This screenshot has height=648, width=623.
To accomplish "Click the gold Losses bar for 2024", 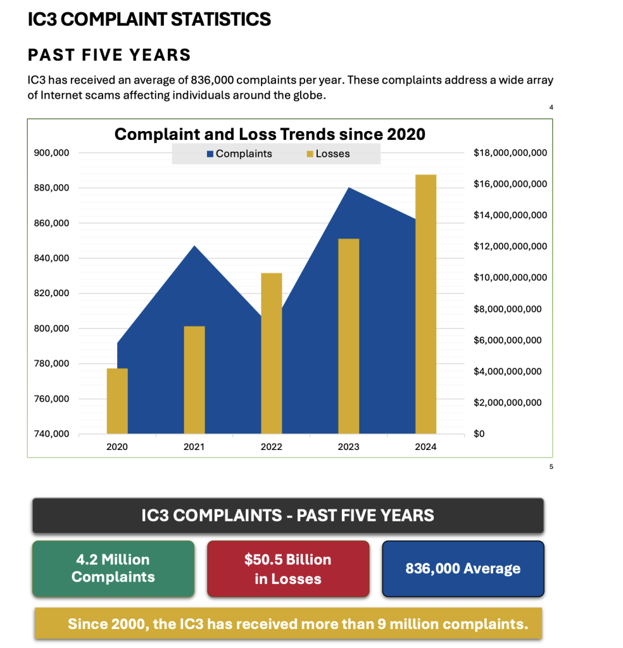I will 425,304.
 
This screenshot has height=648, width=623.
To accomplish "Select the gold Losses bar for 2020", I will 117,401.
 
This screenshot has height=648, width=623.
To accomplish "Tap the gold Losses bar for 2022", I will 272,353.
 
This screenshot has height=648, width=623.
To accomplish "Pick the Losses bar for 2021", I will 194,380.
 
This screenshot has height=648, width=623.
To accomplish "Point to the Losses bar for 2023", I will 349,336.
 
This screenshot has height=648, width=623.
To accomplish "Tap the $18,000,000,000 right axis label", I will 510,153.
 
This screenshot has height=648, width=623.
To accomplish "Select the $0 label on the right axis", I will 479,434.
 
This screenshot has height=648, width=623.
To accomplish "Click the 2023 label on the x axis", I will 348,447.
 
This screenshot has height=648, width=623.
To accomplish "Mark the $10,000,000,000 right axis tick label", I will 510,278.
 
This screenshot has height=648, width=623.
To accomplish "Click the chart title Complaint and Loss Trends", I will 270,134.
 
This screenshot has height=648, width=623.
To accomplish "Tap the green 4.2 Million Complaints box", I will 113,568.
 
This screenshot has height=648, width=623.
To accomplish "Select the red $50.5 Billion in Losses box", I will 288,568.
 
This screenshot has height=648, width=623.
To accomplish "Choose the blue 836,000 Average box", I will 463,568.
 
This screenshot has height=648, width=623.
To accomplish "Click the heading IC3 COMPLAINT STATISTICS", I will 149,20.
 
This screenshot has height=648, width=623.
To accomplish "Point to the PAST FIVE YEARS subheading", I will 110,55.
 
